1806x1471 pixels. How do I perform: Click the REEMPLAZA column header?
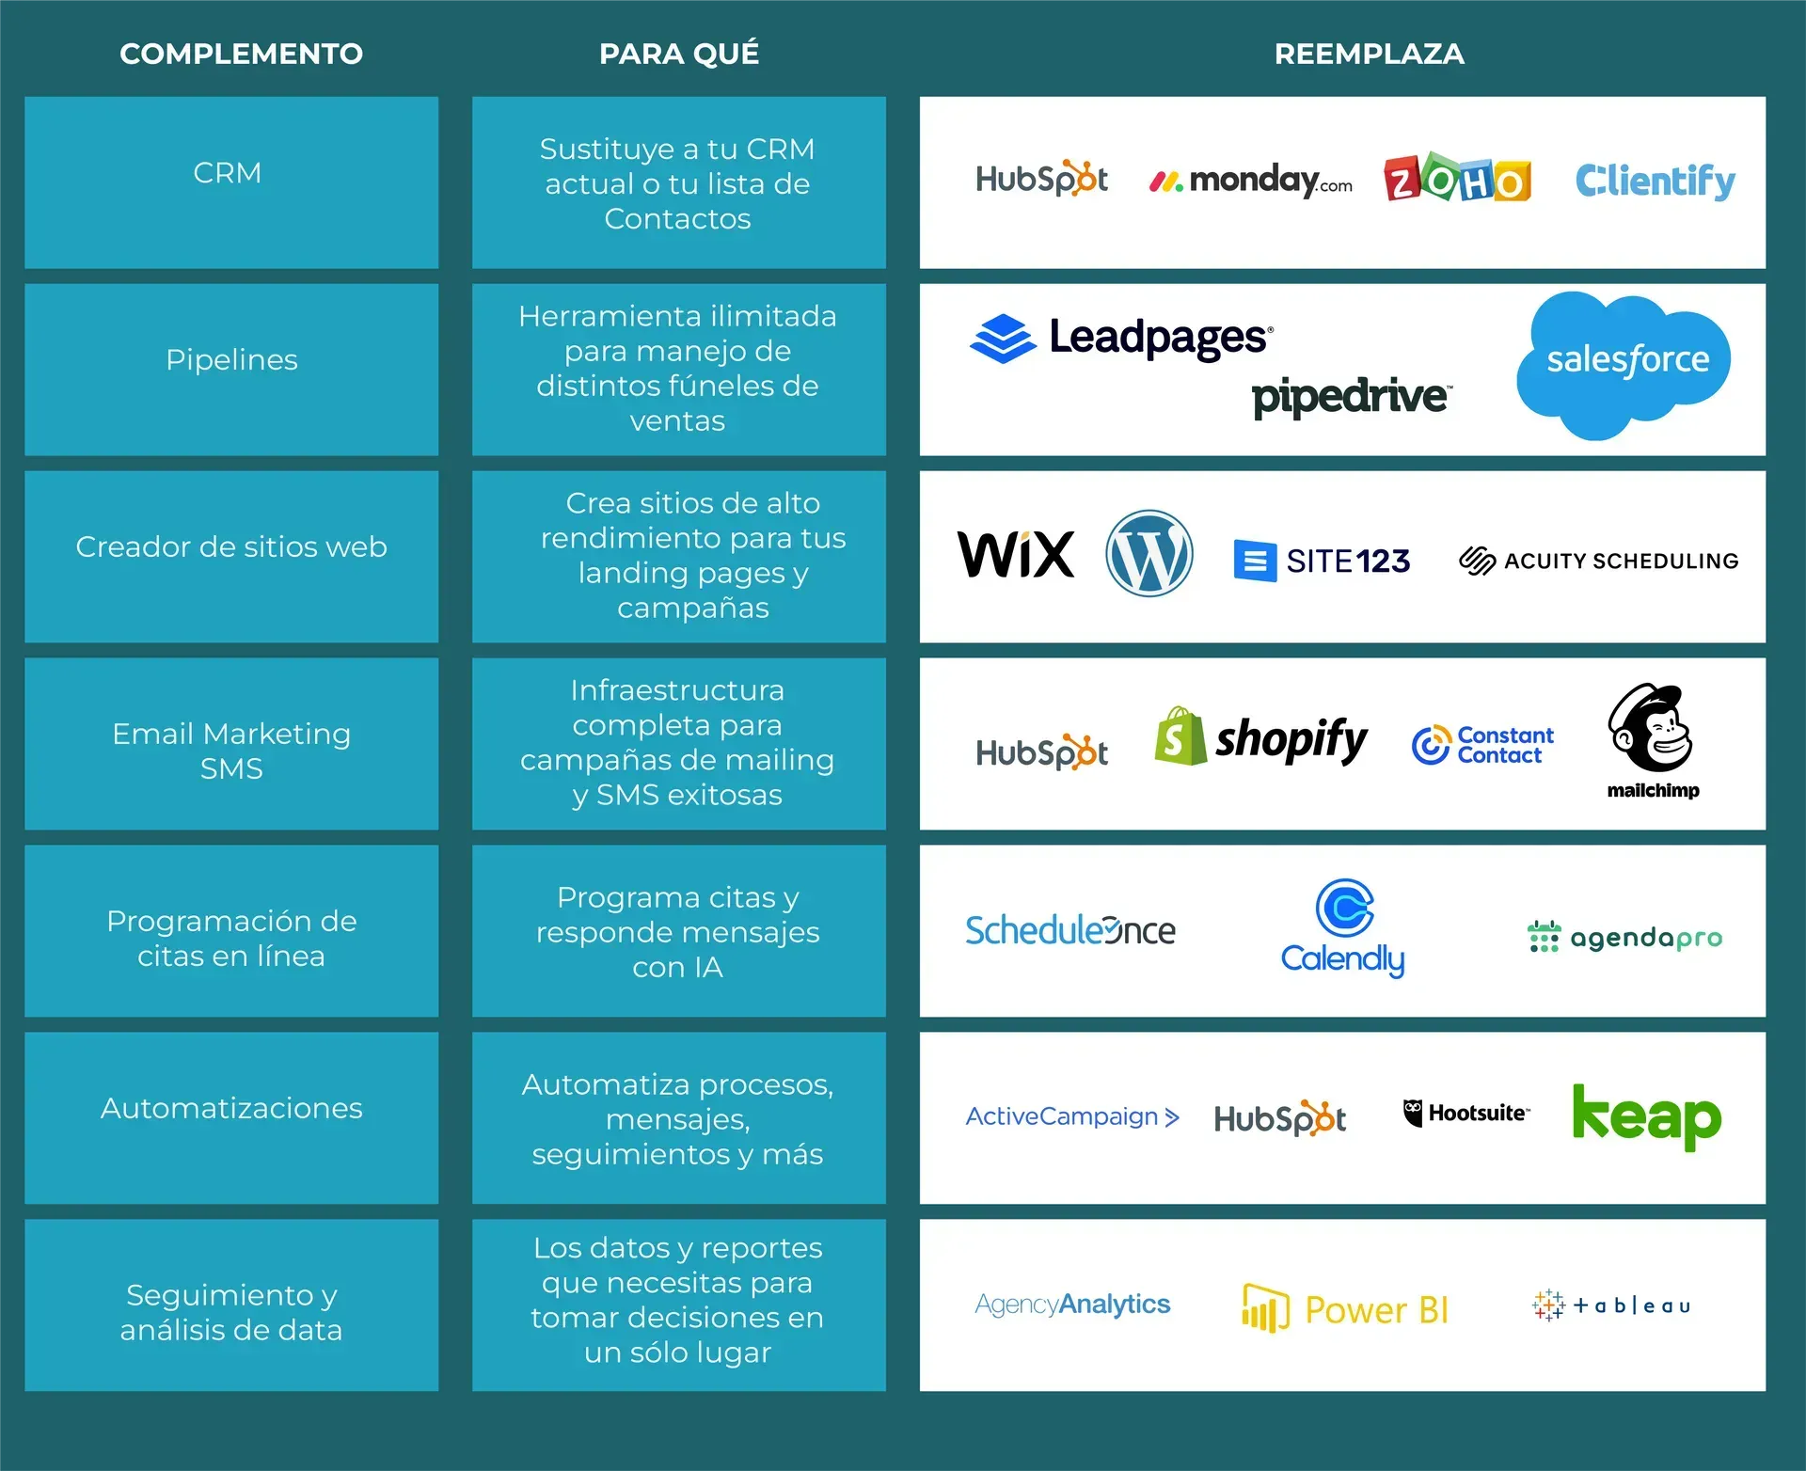pyautogui.click(x=1369, y=54)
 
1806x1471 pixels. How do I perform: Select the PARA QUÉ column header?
pyautogui.click(x=678, y=54)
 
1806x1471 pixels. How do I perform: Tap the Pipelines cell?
pyautogui.click(x=231, y=360)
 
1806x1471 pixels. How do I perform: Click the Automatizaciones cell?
pyautogui.click(x=231, y=1108)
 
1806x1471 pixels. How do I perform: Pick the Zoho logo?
pyautogui.click(x=1457, y=179)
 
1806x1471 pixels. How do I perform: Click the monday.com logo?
pyautogui.click(x=1250, y=180)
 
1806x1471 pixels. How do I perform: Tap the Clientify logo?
pyautogui.click(x=1655, y=181)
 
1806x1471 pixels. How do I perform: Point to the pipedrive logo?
pyautogui.click(x=1351, y=397)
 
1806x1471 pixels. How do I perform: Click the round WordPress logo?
pyautogui.click(x=1149, y=553)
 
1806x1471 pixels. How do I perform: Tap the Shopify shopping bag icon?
pyautogui.click(x=1180, y=737)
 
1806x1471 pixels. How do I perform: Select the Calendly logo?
pyautogui.click(x=1343, y=928)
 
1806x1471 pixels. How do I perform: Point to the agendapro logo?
pyautogui.click(x=1624, y=937)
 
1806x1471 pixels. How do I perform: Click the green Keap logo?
pyautogui.click(x=1646, y=1116)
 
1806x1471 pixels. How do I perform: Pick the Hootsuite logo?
pyautogui.click(x=1465, y=1114)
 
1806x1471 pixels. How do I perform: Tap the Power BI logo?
pyautogui.click(x=1345, y=1308)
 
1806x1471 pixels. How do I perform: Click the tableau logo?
pyautogui.click(x=1611, y=1305)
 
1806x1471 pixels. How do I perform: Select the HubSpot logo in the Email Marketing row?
pyautogui.click(x=1041, y=752)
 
